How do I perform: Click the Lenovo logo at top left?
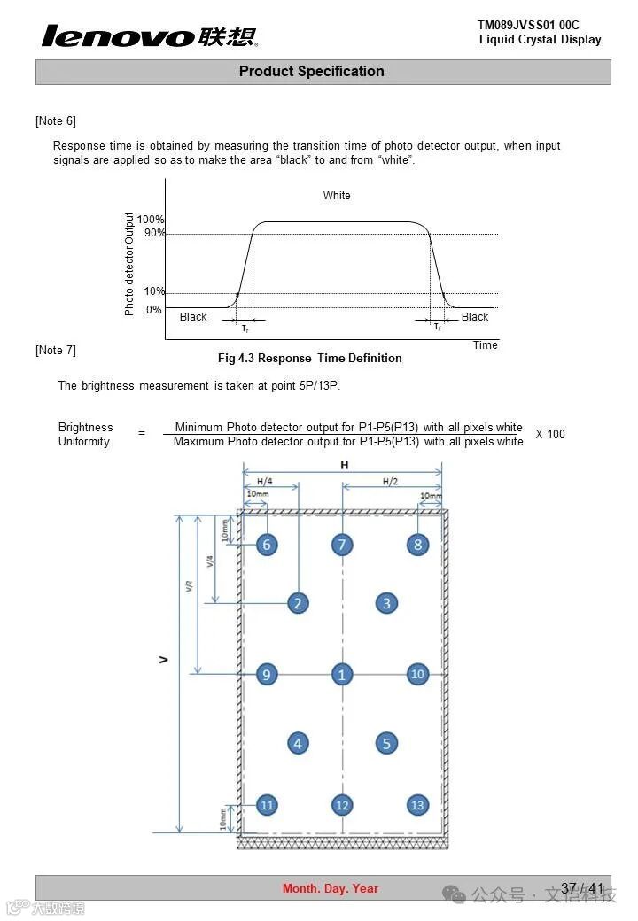pos(149,36)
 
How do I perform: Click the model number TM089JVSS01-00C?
pos(528,25)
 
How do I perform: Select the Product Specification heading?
pos(311,72)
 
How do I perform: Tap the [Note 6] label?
pos(56,120)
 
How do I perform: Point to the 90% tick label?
pos(155,233)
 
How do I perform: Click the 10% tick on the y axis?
pos(154,291)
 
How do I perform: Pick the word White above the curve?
pos(337,196)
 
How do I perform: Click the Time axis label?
pos(485,345)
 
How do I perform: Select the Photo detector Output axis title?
pos(129,264)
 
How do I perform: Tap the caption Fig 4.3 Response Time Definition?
pos(310,359)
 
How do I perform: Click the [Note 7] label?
pos(56,351)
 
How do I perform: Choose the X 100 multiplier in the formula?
pos(550,434)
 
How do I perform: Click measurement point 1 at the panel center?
pos(342,675)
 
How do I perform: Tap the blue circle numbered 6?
pos(267,545)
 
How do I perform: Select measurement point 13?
pos(417,805)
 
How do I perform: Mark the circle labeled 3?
pos(386,604)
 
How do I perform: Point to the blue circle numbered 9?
pos(267,675)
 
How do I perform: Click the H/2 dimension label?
pos(391,482)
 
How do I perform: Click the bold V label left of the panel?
pos(164,660)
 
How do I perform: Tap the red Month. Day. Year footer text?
pos(331,888)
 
